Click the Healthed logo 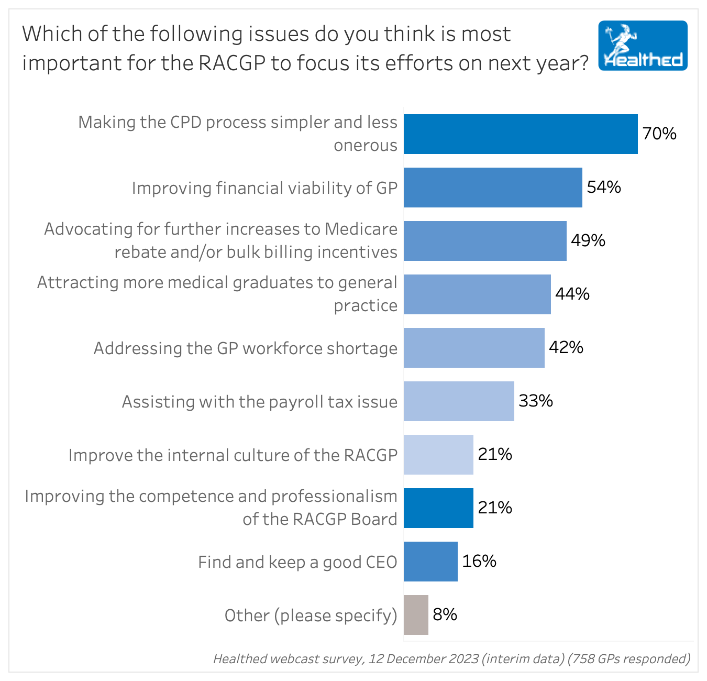643,46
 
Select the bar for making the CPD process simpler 521,134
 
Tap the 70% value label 659,134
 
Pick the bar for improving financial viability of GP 493,188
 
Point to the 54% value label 604,188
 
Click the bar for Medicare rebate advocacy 485,241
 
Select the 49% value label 588,241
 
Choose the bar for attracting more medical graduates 477,294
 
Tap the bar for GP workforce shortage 474,348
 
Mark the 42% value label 566,348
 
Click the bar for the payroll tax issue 459,401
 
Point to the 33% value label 536,401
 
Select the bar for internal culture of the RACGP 438,455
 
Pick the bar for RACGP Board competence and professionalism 438,508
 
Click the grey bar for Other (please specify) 416,615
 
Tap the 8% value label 445,614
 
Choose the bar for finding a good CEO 430,562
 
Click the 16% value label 479,562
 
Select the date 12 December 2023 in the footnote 423,659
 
